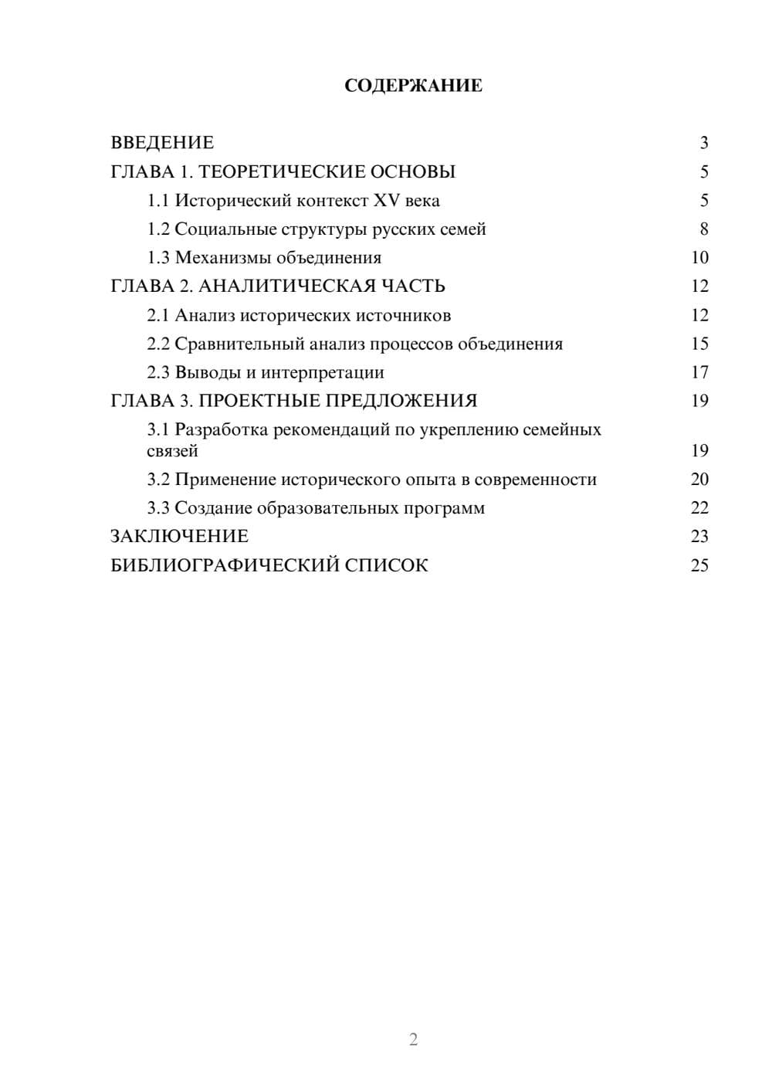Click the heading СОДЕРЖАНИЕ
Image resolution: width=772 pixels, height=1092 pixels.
point(413,86)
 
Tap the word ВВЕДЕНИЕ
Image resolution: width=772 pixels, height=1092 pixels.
point(162,143)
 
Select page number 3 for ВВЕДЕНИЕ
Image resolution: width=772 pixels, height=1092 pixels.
point(703,143)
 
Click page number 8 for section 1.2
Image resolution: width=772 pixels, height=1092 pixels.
point(703,229)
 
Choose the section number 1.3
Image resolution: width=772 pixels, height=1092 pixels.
point(158,258)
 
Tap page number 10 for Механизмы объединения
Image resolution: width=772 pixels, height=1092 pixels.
point(699,258)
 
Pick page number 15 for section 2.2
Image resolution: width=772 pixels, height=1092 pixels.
point(699,344)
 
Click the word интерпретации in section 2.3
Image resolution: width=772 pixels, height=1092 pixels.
point(322,372)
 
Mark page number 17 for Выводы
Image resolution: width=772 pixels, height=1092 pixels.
point(699,372)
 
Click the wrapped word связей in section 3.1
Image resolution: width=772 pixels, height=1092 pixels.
point(172,451)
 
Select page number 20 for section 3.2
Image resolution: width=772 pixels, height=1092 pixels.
point(699,480)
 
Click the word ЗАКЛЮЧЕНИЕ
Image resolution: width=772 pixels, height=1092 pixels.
point(179,537)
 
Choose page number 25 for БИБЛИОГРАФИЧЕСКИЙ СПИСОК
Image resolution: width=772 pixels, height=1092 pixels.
point(699,565)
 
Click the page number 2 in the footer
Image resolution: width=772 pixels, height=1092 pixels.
point(413,1039)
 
